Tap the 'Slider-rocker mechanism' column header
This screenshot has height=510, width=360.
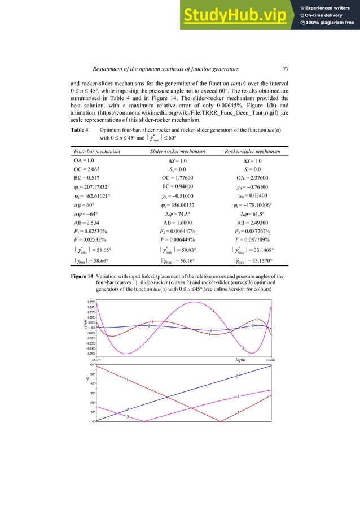point(180,151)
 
